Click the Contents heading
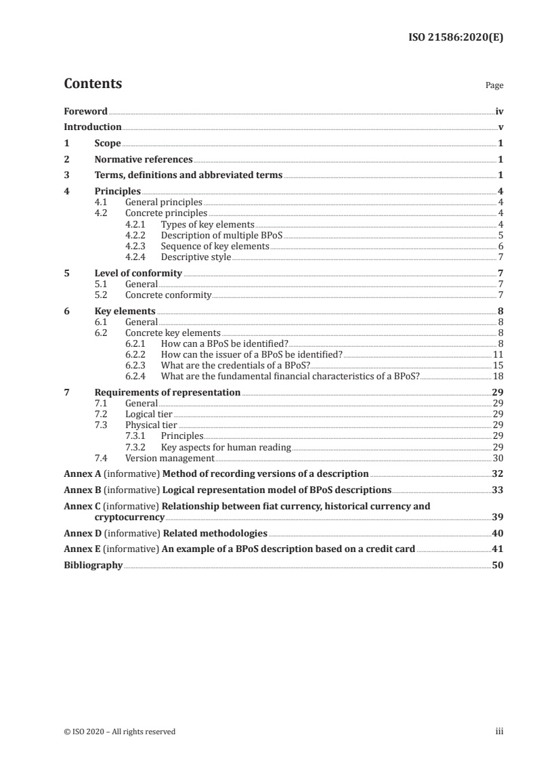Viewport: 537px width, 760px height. coord(93,84)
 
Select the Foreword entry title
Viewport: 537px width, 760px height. coord(85,111)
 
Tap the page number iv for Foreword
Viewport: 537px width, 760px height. coord(498,111)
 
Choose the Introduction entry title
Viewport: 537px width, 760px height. coord(92,127)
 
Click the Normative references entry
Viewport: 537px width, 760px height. coord(144,159)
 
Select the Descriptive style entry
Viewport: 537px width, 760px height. coord(196,257)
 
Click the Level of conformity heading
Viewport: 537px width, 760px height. coord(138,273)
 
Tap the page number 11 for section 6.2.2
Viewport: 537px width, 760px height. coord(498,354)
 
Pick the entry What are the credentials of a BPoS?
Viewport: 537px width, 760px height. coord(236,365)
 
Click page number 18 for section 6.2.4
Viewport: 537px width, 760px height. coord(498,376)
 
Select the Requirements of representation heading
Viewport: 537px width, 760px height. coord(167,392)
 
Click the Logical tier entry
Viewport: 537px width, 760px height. coord(148,414)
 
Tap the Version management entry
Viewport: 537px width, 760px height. coord(170,457)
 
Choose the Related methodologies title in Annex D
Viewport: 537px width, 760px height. coord(214,532)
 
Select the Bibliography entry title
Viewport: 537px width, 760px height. coord(93,565)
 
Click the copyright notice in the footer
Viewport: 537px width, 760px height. coord(120,732)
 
